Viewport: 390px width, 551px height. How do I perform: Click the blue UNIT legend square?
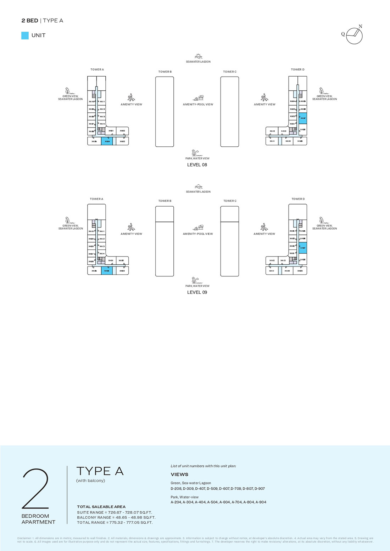25,35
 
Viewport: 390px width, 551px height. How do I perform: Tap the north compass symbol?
354,35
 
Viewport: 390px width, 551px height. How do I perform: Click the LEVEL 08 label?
197,165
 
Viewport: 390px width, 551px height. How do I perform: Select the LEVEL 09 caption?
197,292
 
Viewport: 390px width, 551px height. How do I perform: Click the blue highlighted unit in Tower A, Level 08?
107,141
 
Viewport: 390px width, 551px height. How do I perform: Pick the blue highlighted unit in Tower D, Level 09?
302,248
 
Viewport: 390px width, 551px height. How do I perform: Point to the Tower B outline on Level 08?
165,112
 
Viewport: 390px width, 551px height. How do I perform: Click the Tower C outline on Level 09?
230,241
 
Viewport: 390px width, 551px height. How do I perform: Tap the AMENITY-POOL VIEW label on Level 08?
198,105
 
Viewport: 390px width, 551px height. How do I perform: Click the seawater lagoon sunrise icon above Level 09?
199,187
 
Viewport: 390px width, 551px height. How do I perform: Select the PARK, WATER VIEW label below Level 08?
197,158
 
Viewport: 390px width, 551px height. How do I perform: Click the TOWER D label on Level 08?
297,69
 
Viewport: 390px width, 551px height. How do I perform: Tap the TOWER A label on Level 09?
96,199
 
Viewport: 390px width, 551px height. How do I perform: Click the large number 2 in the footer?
35,489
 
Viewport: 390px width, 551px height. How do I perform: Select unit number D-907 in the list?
260,489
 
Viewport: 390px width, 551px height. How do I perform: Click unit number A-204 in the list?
176,502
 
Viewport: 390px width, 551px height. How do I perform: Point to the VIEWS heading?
179,474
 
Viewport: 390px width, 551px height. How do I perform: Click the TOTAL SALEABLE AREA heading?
101,507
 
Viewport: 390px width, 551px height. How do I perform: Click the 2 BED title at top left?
30,21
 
